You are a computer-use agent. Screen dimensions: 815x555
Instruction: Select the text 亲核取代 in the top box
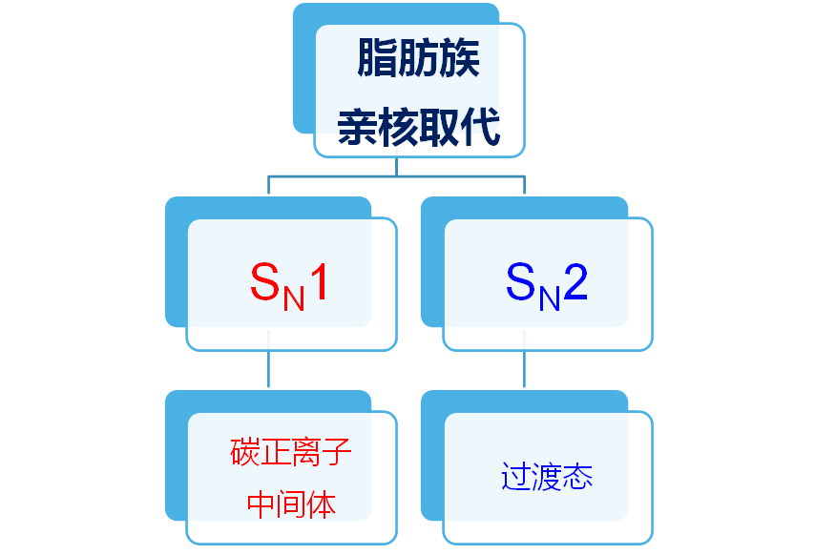[x=419, y=127]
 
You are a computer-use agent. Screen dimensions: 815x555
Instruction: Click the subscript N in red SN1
[x=293, y=298]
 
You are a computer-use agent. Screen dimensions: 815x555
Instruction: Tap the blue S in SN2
[x=520, y=282]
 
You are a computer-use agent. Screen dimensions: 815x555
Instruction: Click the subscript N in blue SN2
[x=549, y=298]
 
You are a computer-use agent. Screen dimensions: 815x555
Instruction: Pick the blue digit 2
[x=575, y=282]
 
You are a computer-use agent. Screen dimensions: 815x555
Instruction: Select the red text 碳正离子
[x=291, y=452]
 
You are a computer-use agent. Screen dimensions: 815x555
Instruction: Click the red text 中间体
[x=291, y=504]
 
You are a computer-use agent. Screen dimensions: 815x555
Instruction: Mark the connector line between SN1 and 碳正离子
[x=268, y=370]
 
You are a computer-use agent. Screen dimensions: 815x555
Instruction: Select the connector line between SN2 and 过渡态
[x=524, y=370]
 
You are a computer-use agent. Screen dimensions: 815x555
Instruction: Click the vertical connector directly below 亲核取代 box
[x=396, y=167]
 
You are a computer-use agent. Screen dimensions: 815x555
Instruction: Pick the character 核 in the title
[x=398, y=127]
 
